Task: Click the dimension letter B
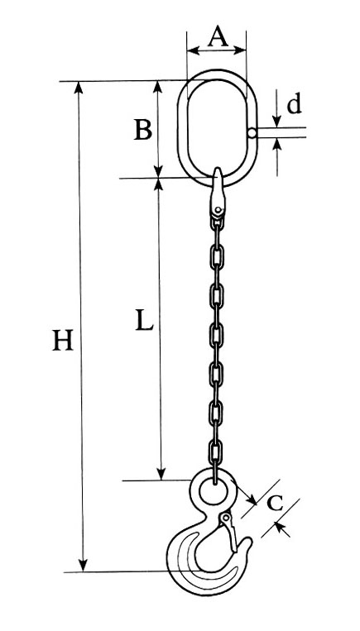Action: point(143,130)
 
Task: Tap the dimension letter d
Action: point(294,103)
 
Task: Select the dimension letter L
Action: point(144,320)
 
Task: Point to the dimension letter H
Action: point(63,340)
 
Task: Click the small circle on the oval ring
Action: point(252,133)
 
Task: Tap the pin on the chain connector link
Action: point(218,210)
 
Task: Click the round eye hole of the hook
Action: point(214,490)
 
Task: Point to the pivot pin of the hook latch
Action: point(226,517)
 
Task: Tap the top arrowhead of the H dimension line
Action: point(79,88)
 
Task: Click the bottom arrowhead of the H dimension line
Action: point(83,565)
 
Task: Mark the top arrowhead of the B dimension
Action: point(158,87)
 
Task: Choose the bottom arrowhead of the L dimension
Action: point(161,474)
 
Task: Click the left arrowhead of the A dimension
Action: point(194,50)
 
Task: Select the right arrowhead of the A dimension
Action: point(240,50)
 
